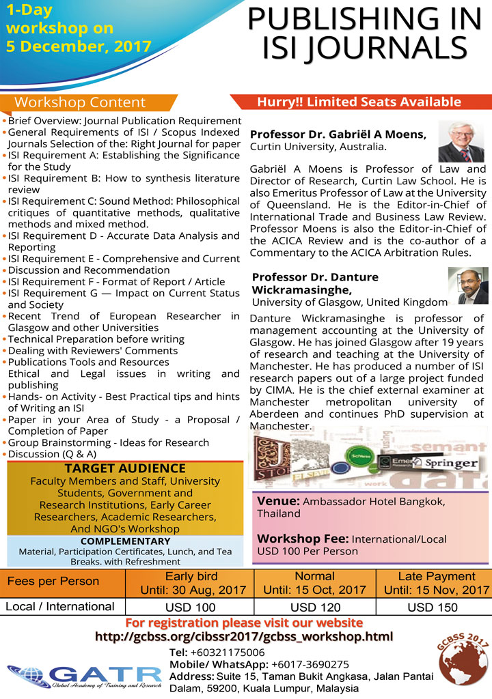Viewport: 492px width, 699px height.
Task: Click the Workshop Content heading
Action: (80, 102)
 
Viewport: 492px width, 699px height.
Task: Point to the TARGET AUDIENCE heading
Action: (124, 468)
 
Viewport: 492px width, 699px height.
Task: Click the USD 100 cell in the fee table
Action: (191, 607)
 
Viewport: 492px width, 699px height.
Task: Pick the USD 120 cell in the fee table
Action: (315, 607)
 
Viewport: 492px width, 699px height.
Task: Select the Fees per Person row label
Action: (53, 582)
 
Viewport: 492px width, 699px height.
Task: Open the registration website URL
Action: (244, 637)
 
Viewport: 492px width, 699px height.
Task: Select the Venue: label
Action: (277, 501)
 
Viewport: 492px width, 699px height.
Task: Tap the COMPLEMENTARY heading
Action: (124, 541)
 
